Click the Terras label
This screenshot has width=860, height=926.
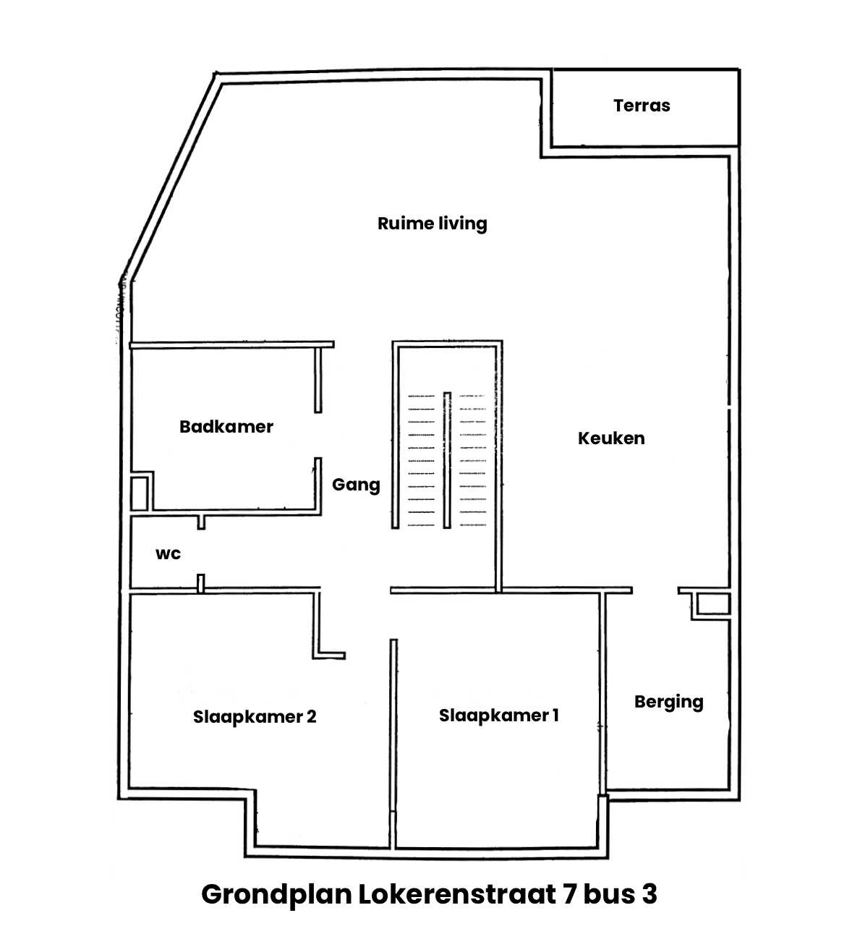(x=642, y=106)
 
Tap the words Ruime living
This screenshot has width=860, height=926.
(x=432, y=224)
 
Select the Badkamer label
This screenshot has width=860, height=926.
(x=226, y=427)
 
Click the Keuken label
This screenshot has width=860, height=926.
(x=610, y=438)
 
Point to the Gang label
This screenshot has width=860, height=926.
(x=356, y=485)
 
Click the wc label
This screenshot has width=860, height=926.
(x=168, y=554)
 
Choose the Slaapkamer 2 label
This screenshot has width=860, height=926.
(x=255, y=717)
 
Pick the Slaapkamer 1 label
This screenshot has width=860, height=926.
(x=498, y=715)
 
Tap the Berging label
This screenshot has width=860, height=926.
(x=668, y=702)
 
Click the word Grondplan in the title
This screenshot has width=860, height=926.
(x=276, y=894)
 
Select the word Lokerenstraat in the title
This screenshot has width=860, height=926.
(x=457, y=894)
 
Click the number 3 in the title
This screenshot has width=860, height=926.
(x=648, y=894)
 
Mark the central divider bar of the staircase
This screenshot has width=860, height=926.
(x=447, y=459)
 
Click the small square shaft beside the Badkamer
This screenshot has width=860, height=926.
(x=139, y=493)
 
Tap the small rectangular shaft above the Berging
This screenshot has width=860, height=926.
(x=712, y=605)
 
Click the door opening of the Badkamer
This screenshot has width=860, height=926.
(x=318, y=435)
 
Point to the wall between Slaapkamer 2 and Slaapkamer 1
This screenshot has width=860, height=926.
(x=393, y=723)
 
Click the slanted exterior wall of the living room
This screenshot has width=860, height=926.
(x=171, y=174)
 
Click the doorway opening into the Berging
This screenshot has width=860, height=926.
(x=655, y=591)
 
